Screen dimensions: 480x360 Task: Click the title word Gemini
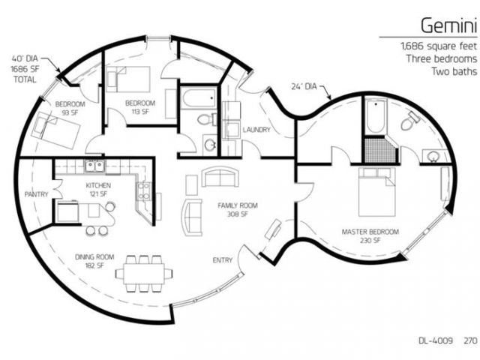coord(448,25)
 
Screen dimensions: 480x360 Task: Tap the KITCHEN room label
coord(98,185)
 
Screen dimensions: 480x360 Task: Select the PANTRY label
coord(37,194)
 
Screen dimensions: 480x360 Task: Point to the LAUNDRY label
coord(256,130)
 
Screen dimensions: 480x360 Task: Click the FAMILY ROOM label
coord(238,205)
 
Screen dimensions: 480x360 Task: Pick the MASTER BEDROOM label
coord(370,232)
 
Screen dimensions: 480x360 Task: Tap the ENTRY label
coord(223,260)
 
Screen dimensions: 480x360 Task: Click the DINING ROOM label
coord(94,256)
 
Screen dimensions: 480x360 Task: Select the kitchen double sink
coord(94,166)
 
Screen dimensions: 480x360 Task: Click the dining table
coord(144,273)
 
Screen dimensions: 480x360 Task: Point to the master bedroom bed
coord(377,192)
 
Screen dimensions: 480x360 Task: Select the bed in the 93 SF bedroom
coord(55,130)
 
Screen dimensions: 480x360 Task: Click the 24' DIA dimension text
coord(304,87)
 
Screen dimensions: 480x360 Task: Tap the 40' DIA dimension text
coord(25,58)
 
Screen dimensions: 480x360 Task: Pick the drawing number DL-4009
coord(435,340)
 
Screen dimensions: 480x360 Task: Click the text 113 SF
coord(140,112)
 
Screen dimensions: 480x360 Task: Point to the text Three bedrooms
coord(442,58)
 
